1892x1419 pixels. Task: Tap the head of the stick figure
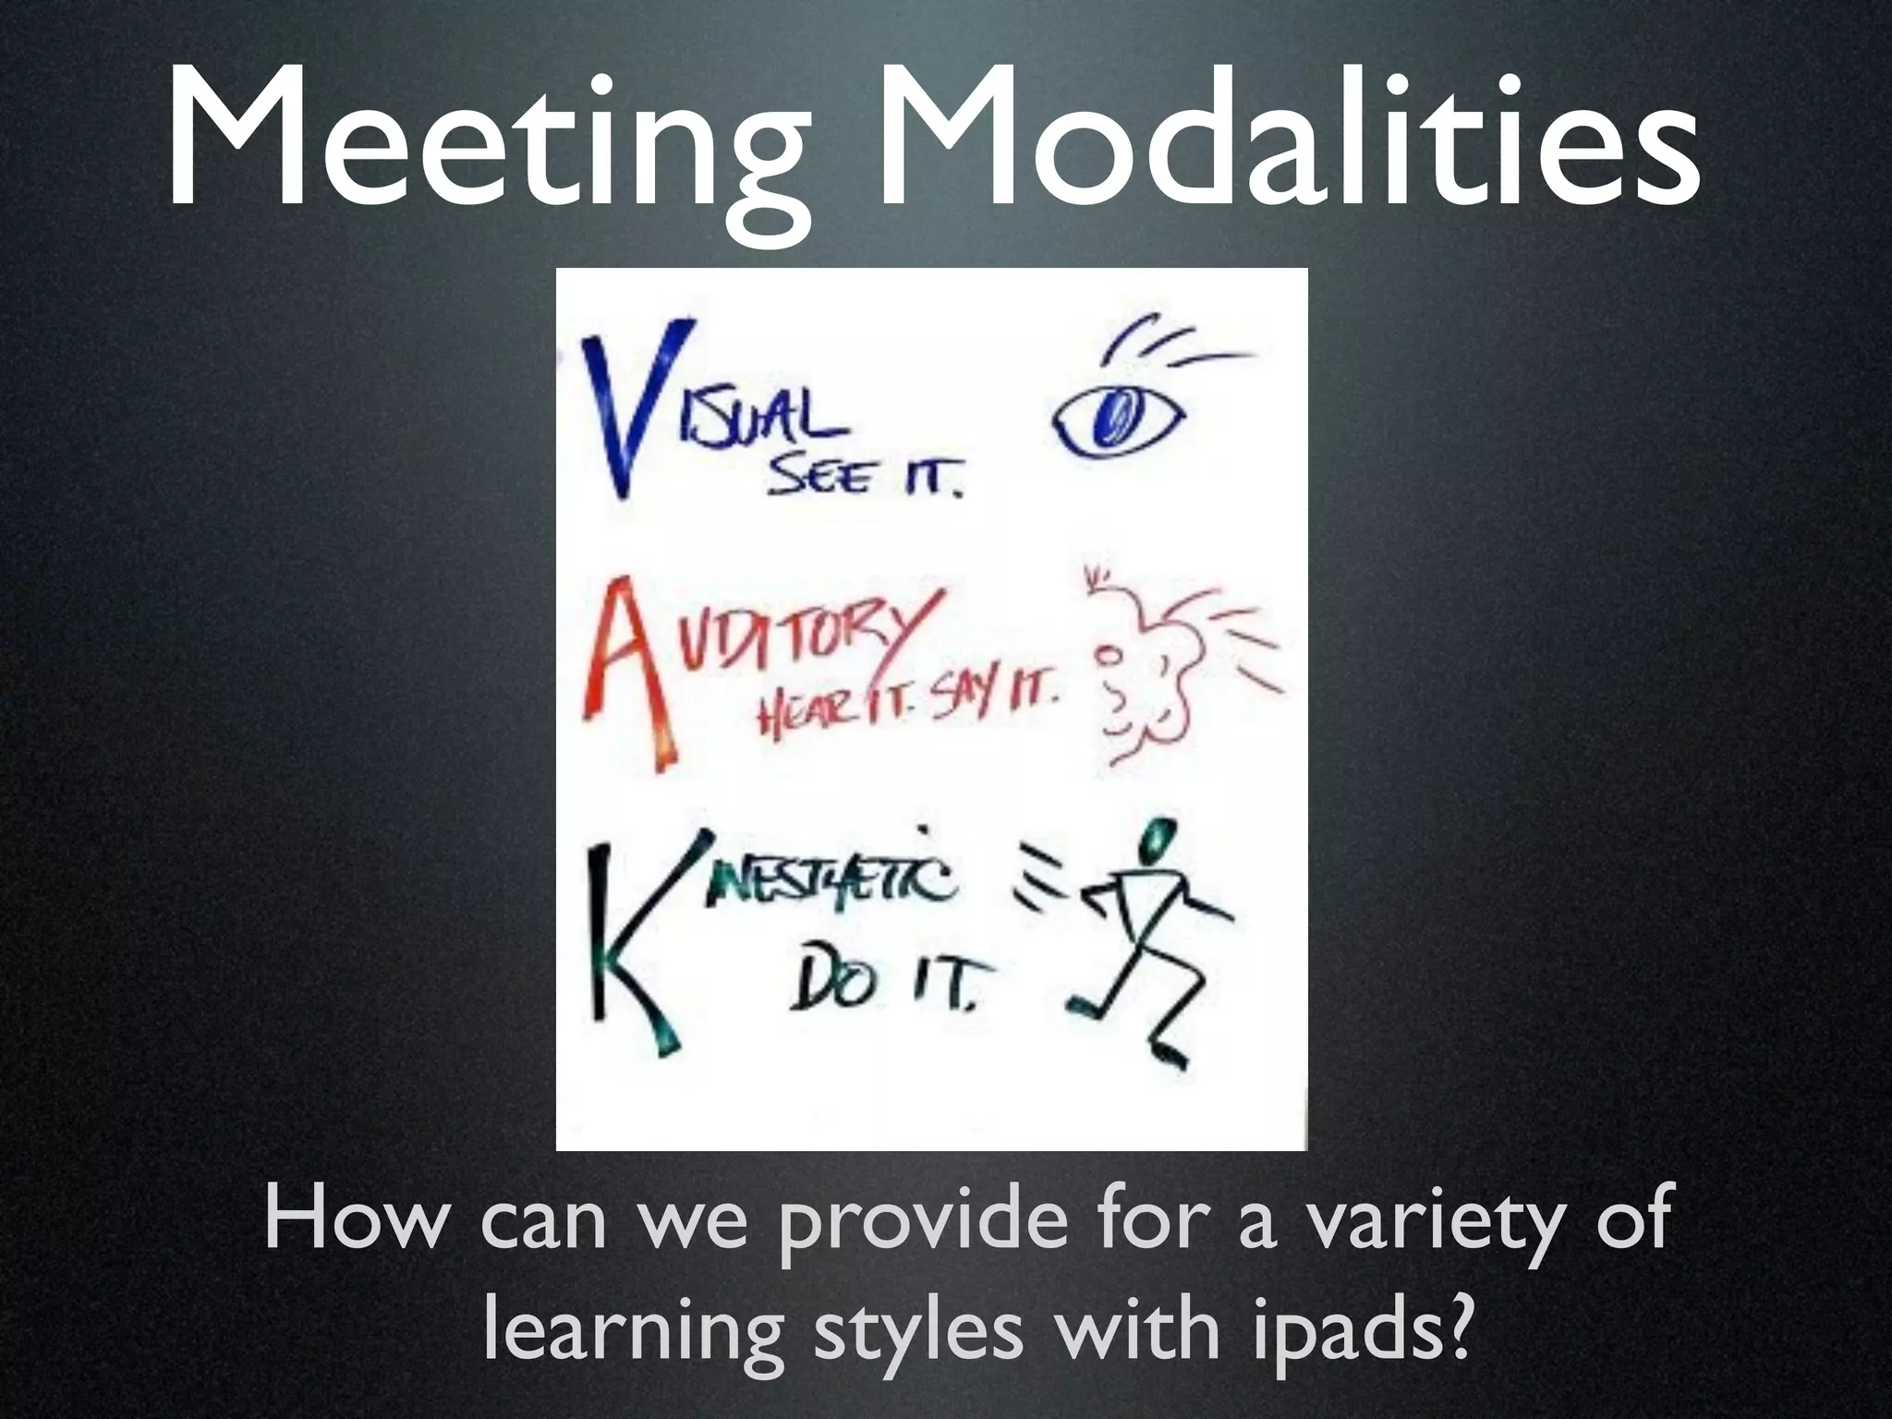click(1154, 841)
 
